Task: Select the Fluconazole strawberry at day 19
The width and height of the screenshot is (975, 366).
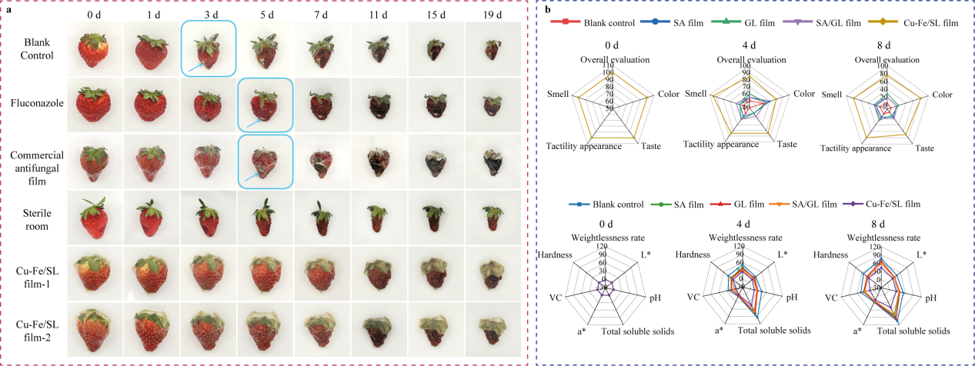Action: pyautogui.click(x=493, y=103)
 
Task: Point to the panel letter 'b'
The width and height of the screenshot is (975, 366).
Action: pyautogui.click(x=547, y=10)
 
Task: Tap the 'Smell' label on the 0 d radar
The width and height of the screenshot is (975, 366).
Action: pyautogui.click(x=558, y=95)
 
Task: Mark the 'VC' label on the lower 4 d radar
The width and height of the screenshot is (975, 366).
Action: pyautogui.click(x=695, y=296)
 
